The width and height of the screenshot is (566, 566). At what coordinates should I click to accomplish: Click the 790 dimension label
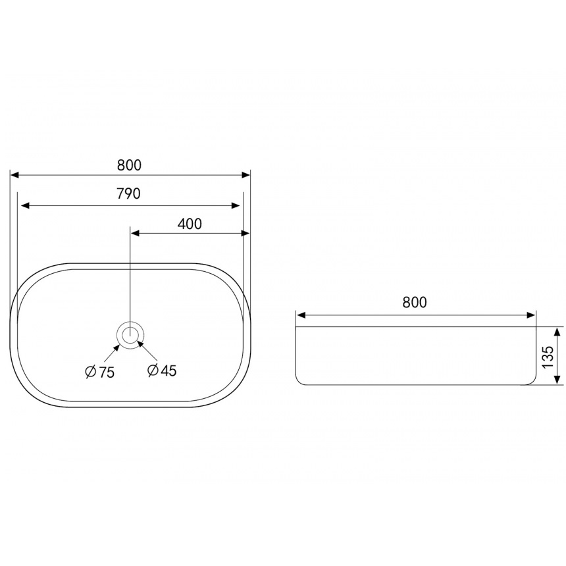click(x=128, y=194)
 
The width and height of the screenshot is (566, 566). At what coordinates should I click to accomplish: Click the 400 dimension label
click(x=190, y=224)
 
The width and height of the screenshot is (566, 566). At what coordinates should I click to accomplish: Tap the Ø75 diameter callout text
click(x=100, y=371)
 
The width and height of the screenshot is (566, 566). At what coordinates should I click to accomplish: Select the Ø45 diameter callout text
click(x=162, y=370)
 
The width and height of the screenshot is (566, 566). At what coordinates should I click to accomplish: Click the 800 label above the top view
click(x=129, y=165)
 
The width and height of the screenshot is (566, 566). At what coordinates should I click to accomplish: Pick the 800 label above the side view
click(x=415, y=302)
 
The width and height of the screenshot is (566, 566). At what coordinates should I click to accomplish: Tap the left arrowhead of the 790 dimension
click(x=25, y=206)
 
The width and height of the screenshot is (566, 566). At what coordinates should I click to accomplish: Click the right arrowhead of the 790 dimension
click(x=236, y=206)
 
